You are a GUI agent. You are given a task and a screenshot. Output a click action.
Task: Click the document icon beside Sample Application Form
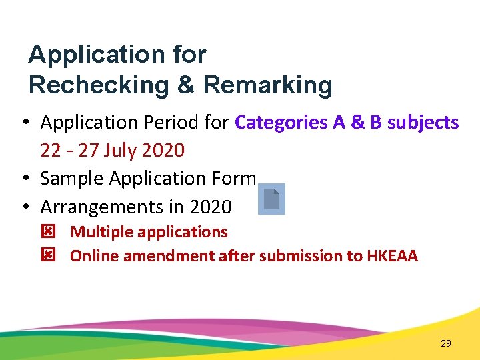271,199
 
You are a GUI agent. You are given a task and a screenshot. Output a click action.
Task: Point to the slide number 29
446,343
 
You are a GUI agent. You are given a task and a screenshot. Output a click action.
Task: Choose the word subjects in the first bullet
423,123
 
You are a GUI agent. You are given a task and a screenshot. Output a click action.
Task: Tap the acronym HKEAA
393,256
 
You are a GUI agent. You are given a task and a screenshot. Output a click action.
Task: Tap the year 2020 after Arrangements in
211,207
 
